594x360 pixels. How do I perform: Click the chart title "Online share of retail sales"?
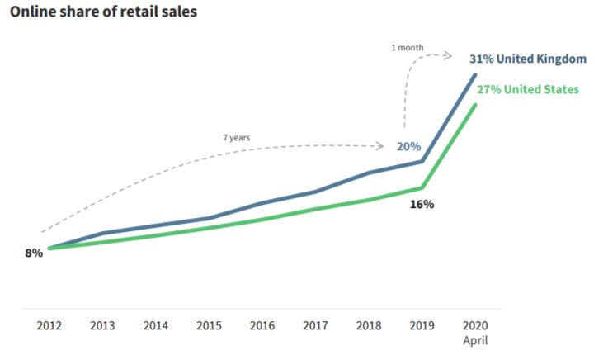click(x=103, y=14)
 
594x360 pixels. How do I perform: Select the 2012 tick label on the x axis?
click(x=49, y=324)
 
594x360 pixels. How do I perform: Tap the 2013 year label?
click(x=102, y=324)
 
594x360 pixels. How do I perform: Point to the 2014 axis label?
click(x=155, y=324)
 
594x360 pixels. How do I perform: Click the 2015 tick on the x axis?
click(x=209, y=324)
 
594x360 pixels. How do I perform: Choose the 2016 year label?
click(x=262, y=324)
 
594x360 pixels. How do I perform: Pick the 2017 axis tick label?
click(x=315, y=324)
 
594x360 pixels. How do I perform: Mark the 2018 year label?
click(x=369, y=324)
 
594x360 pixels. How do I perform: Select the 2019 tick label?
click(x=422, y=324)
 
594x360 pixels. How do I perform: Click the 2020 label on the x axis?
click(x=475, y=324)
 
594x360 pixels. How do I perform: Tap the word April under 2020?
click(x=475, y=339)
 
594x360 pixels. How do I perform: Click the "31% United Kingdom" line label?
click(x=527, y=59)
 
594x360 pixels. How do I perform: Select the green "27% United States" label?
click(x=528, y=89)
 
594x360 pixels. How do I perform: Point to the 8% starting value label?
click(x=34, y=253)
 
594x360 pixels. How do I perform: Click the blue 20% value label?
click(x=408, y=146)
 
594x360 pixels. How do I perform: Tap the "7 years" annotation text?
click(x=236, y=137)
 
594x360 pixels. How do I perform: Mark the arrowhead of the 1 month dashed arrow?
click(x=448, y=56)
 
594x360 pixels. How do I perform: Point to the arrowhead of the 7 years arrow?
click(x=381, y=146)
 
